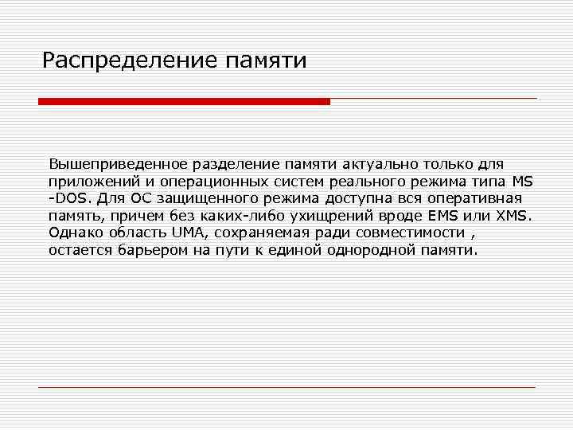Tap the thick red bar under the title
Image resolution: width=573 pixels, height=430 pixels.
pyautogui.click(x=184, y=101)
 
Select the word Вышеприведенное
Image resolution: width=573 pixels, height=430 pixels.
pyautogui.click(x=118, y=164)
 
